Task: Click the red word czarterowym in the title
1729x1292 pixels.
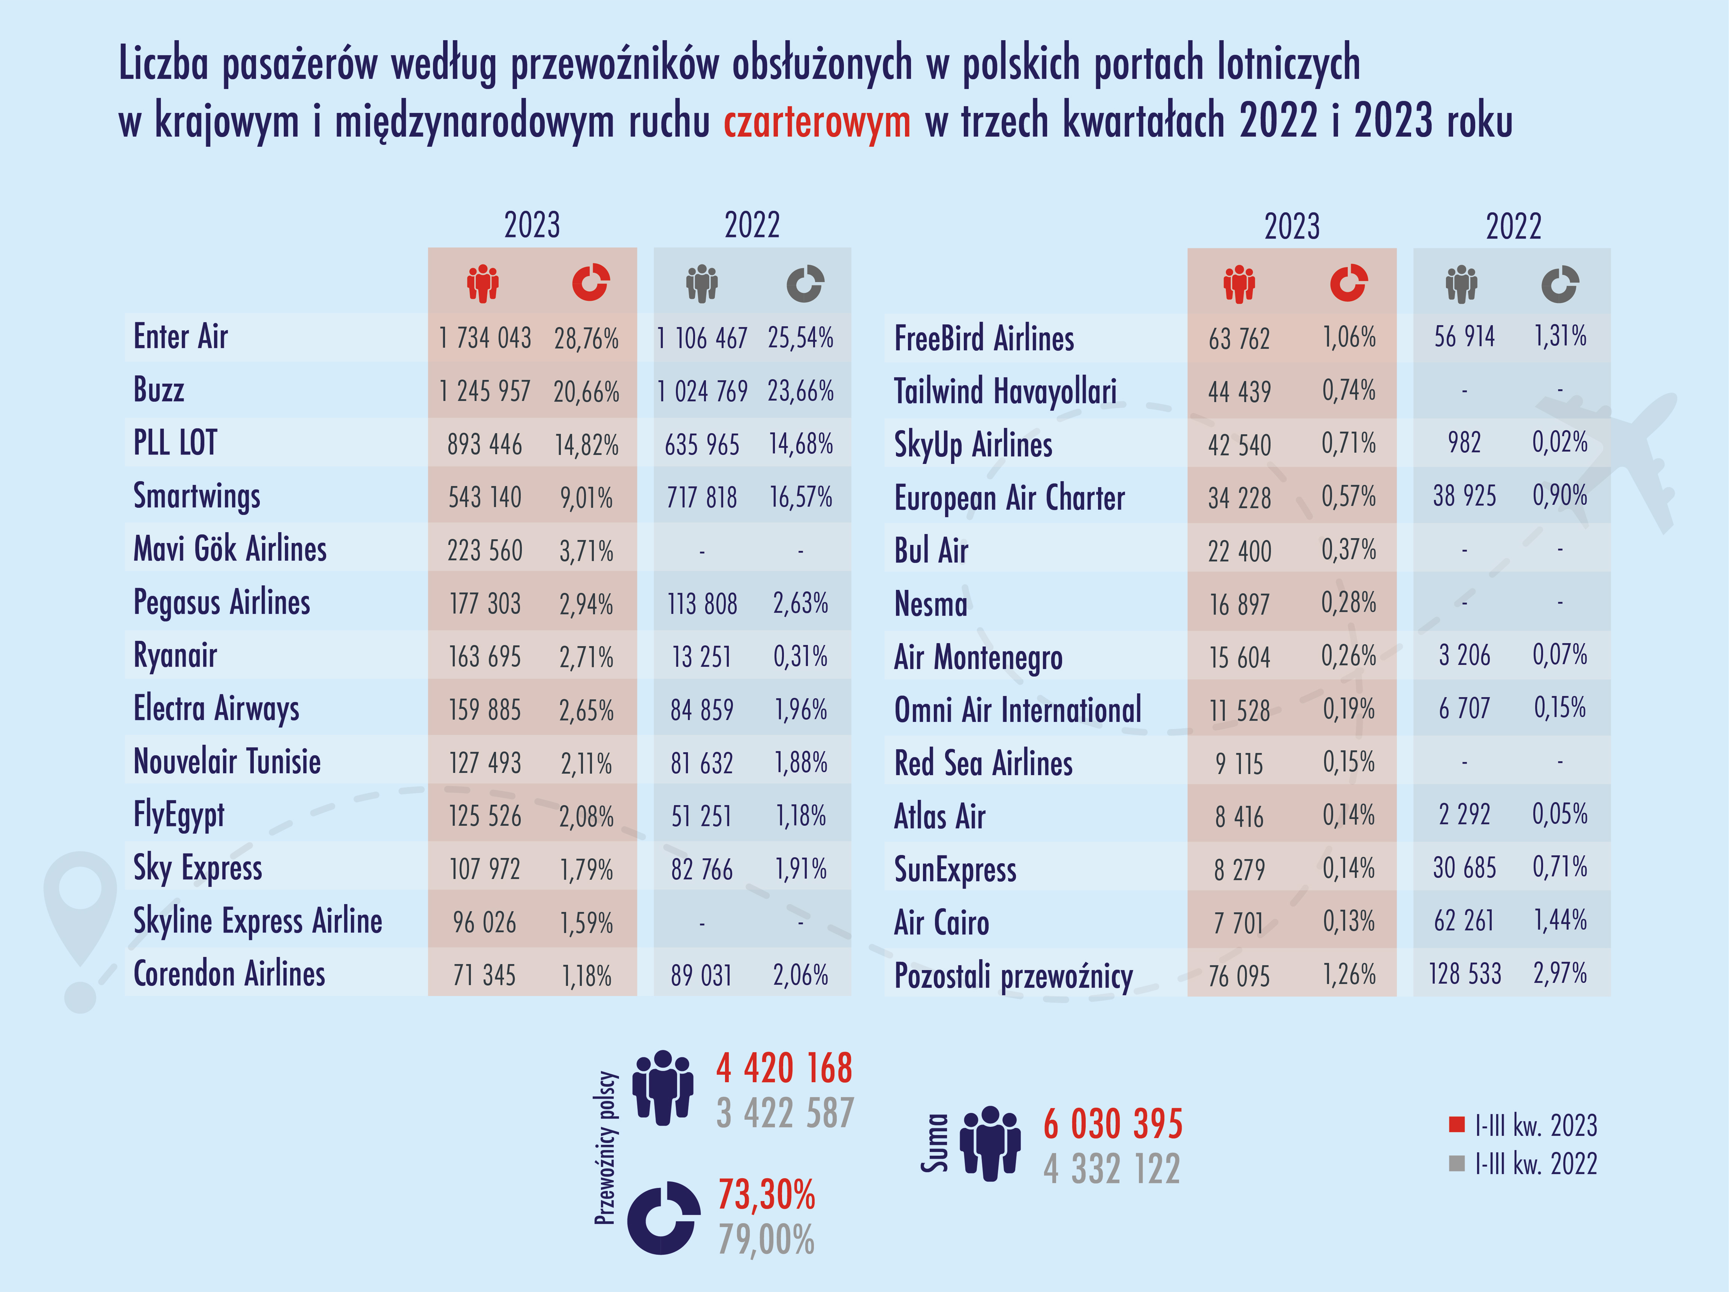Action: (x=817, y=122)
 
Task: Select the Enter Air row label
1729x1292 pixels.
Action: (x=180, y=337)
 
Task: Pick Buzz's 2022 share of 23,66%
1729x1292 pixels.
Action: (x=800, y=391)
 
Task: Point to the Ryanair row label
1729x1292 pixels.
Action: (x=175, y=655)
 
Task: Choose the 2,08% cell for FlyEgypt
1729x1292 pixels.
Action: (x=586, y=816)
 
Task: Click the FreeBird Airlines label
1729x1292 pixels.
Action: (x=984, y=339)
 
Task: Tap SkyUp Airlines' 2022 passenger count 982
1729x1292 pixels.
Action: (x=1464, y=442)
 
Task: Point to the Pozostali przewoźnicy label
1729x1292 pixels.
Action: (x=1013, y=976)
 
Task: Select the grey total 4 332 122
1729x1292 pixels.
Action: (x=1112, y=1169)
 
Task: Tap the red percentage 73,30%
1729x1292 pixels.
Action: (x=766, y=1195)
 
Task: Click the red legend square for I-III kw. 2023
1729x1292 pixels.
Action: (x=1456, y=1125)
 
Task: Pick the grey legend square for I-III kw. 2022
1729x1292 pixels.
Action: (x=1456, y=1164)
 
